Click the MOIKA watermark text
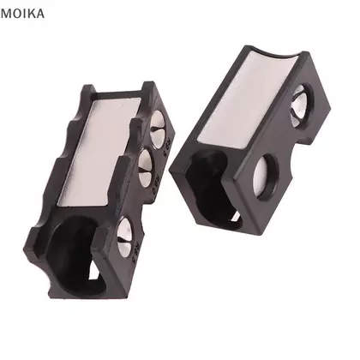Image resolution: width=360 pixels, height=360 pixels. tap(22, 14)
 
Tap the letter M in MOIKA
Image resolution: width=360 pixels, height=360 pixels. tap(5, 14)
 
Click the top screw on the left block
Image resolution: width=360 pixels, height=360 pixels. tap(159, 129)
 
